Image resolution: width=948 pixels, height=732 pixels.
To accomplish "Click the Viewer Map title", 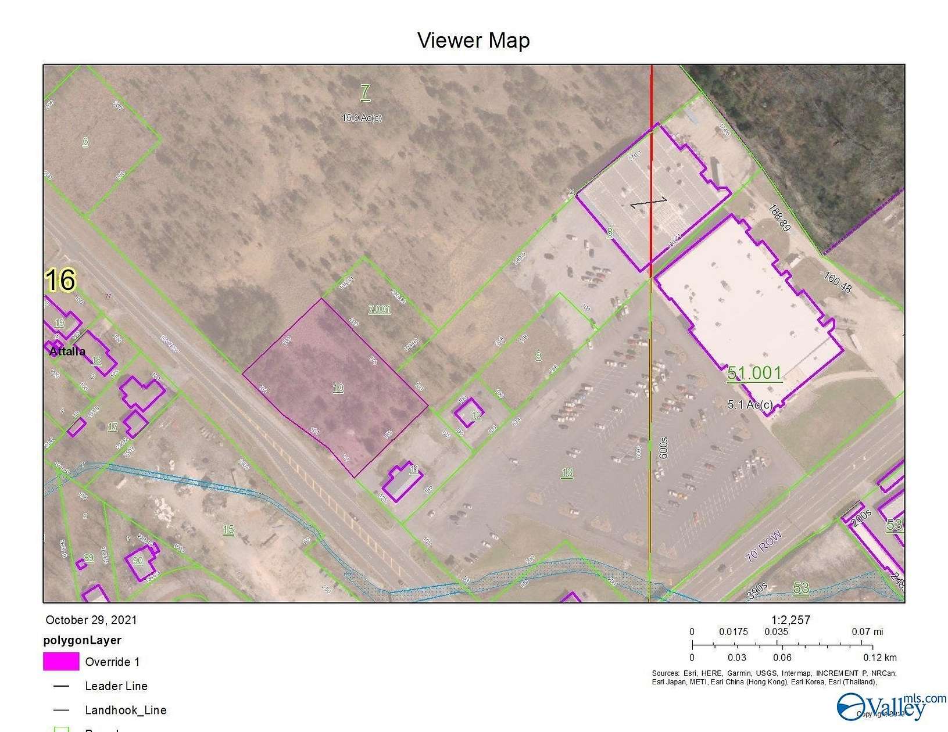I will click(474, 41).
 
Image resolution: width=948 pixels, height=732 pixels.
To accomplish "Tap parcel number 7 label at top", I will click(365, 92).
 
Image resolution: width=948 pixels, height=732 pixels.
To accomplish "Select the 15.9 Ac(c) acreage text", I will click(362, 118).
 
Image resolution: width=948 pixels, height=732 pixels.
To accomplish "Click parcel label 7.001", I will click(380, 310).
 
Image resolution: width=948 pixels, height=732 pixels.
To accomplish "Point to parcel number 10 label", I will click(338, 388).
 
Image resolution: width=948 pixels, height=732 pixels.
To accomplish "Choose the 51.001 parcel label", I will click(754, 373).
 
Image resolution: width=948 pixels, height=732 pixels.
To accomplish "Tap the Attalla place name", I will click(67, 351).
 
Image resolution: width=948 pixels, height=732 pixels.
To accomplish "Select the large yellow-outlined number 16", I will click(60, 280).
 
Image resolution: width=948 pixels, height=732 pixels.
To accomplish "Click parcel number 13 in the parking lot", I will click(567, 473).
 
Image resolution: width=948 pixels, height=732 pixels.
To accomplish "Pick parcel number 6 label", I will click(85, 142).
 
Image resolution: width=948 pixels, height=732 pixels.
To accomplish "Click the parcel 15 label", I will click(228, 530).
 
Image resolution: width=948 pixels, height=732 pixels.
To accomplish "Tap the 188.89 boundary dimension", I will click(779, 218).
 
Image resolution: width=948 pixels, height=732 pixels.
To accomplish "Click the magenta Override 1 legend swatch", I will click(61, 661).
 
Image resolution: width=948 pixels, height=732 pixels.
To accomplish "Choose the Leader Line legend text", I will click(116, 686).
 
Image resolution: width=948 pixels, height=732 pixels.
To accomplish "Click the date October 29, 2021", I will click(91, 620).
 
